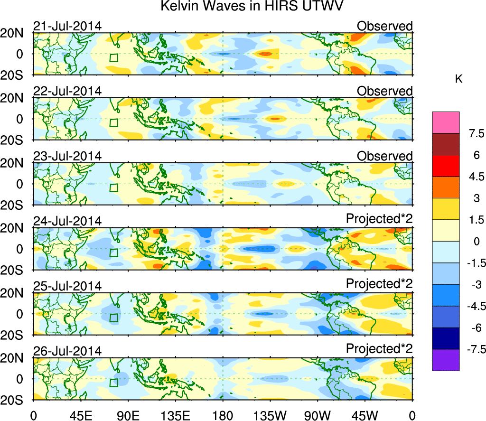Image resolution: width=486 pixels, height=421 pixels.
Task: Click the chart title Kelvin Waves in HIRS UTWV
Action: click(x=252, y=7)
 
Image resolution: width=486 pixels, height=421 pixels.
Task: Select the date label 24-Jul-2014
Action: click(x=67, y=221)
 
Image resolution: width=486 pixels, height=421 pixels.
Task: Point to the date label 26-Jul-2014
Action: click(x=67, y=351)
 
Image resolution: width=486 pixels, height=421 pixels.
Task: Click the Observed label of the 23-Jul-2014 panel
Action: click(x=384, y=156)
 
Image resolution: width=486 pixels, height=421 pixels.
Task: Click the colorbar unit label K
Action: click(x=459, y=79)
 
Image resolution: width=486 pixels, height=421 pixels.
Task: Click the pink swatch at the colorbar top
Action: click(x=446, y=122)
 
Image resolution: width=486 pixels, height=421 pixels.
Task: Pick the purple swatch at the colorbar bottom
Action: click(x=446, y=360)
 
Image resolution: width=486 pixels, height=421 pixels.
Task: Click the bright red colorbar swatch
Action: click(x=446, y=165)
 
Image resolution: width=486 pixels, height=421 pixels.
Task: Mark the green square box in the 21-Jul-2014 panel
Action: click(x=113, y=58)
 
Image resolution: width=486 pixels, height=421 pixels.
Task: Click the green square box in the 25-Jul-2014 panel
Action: click(x=113, y=318)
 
